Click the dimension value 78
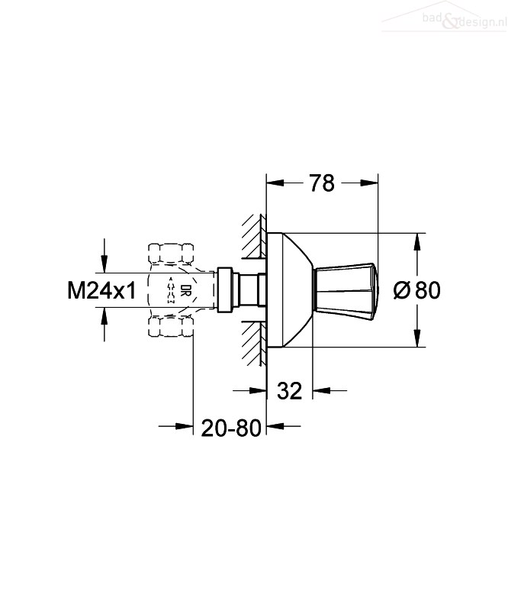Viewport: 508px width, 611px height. [x=321, y=183]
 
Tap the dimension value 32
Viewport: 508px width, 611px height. [x=291, y=391]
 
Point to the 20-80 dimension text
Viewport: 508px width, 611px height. [x=231, y=428]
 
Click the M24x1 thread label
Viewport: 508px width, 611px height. [x=101, y=290]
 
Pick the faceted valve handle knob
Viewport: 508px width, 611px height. [x=347, y=290]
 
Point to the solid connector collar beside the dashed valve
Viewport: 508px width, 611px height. [x=225, y=290]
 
